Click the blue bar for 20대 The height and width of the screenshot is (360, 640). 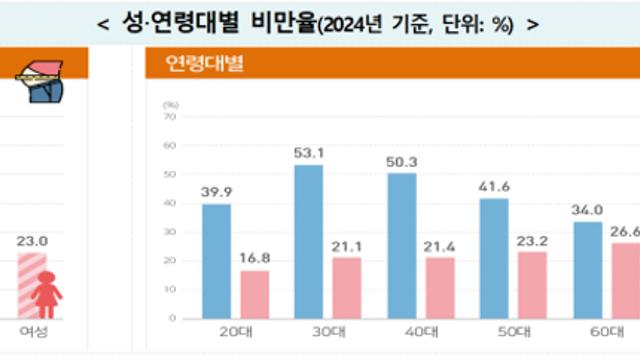216,261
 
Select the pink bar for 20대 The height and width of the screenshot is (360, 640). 256,294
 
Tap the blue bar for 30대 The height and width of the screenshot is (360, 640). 309,242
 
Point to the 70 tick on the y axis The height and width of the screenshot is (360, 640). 170,117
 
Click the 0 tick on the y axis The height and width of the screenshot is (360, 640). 173,318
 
